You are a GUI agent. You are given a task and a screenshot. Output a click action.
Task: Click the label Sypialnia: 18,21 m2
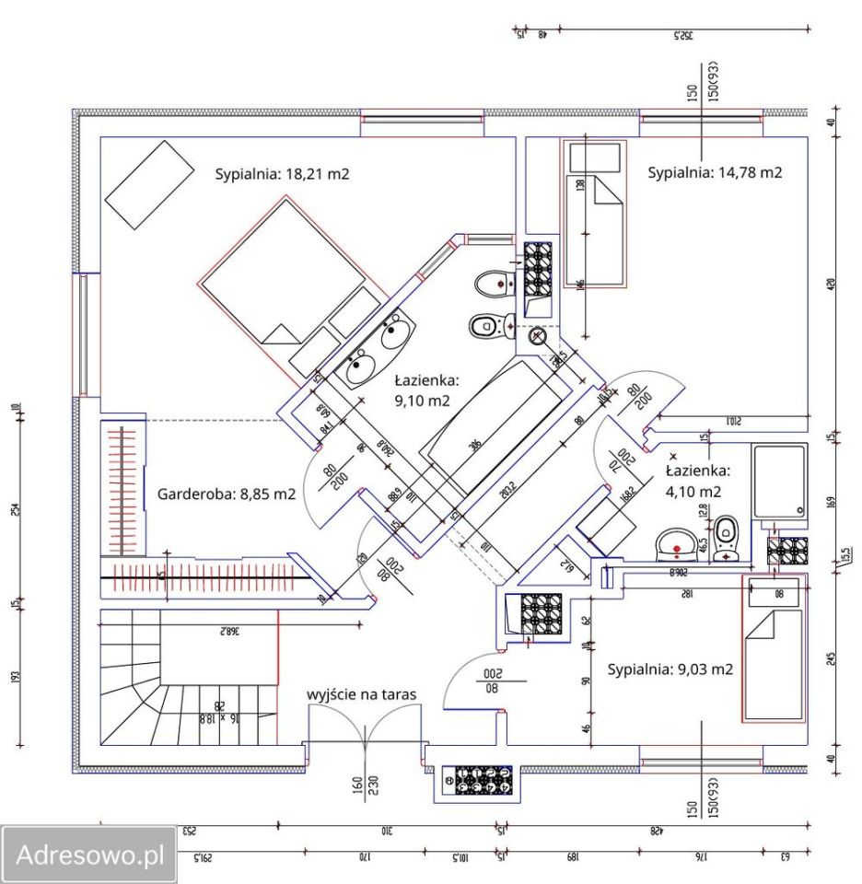[x=282, y=173]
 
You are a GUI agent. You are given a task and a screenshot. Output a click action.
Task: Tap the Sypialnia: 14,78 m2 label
[x=715, y=171]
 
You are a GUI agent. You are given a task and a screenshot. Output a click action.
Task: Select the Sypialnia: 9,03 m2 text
[x=670, y=669]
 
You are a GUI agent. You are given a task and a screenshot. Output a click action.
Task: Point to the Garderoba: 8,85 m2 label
[x=227, y=494]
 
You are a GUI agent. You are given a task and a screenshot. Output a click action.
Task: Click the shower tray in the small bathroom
[x=779, y=483]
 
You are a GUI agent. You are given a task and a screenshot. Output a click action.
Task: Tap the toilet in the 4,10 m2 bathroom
[x=727, y=537]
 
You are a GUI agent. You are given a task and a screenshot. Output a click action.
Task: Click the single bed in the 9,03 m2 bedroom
[x=773, y=649]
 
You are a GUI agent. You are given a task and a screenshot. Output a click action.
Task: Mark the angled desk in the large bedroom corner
[x=147, y=184]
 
